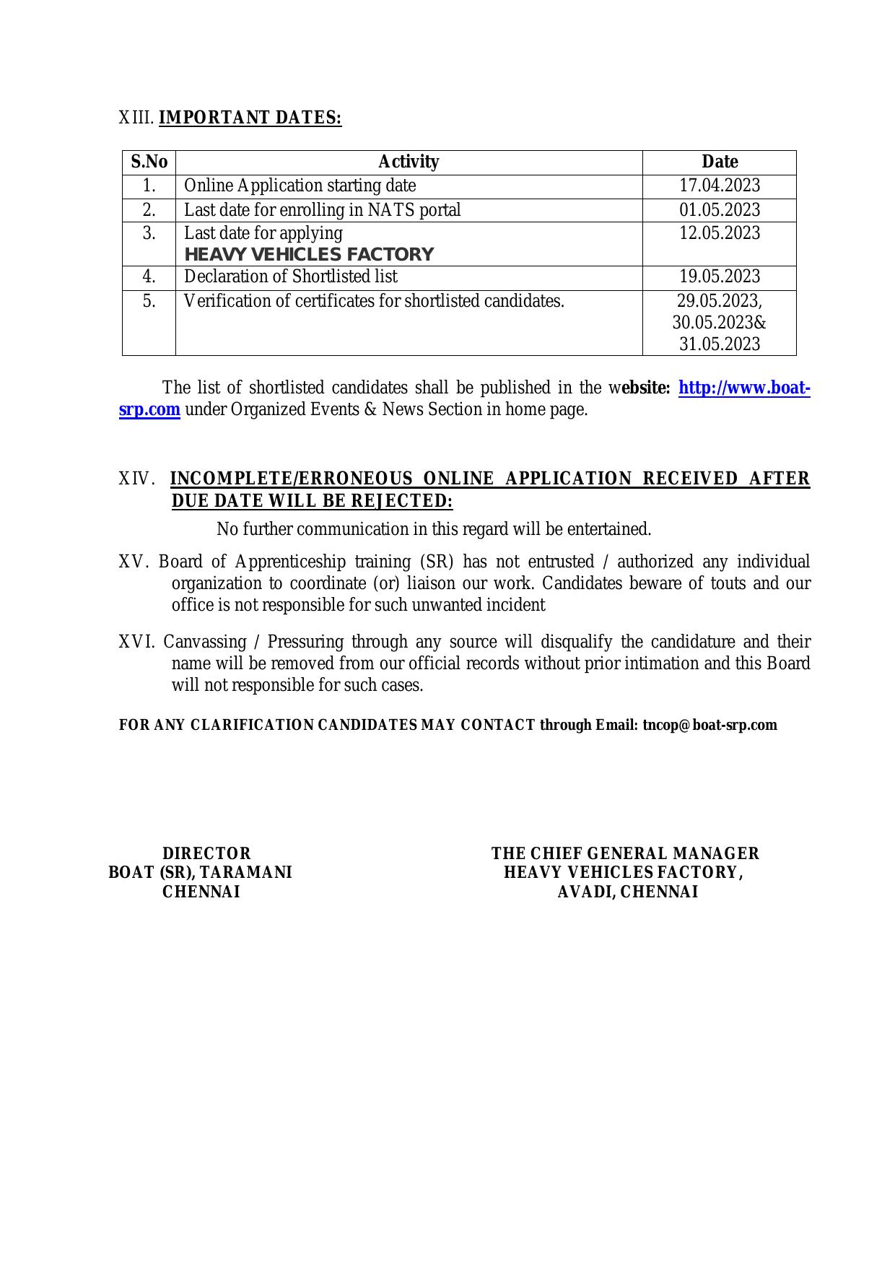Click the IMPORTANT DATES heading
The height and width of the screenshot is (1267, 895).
(250, 118)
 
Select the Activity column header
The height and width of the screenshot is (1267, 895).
(409, 162)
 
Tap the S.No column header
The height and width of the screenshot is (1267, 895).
(149, 162)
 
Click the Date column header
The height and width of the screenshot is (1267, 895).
(720, 162)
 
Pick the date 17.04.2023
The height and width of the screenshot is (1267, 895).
(720, 186)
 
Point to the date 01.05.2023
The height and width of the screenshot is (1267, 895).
(720, 210)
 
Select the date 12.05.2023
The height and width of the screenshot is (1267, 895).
(720, 233)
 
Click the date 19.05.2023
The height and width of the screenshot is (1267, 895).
(720, 277)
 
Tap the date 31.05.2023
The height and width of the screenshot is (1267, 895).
(720, 344)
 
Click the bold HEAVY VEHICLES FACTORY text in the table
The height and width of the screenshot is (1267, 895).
(309, 255)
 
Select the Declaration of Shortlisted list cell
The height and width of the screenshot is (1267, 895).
(291, 277)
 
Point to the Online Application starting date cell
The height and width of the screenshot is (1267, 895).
(300, 186)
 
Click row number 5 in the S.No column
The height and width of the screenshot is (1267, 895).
(149, 301)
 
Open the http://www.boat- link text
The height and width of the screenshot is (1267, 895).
(744, 388)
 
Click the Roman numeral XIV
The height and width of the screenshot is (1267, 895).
(135, 479)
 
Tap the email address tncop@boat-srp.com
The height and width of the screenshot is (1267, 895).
(710, 725)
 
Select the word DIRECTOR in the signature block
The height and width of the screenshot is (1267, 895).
(206, 854)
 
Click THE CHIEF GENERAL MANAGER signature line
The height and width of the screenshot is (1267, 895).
(625, 854)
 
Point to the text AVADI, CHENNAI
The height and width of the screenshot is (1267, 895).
(627, 892)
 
